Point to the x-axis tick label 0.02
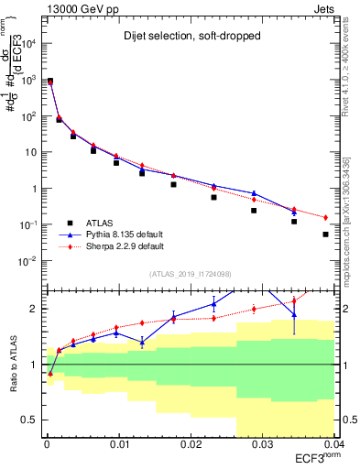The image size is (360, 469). pyautogui.click(x=191, y=446)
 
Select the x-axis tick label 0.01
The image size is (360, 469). pyautogui.click(x=119, y=446)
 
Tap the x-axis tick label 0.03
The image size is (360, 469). pyautogui.click(x=262, y=446)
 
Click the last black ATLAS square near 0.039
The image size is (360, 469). pyautogui.click(x=325, y=234)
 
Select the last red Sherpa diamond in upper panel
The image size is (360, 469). pyautogui.click(x=325, y=217)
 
